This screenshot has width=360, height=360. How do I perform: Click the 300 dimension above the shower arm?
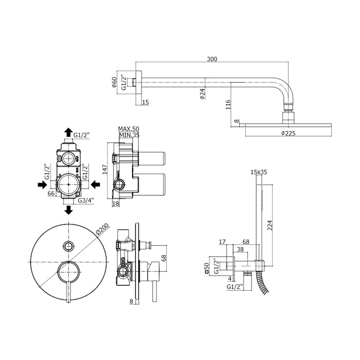(x=212, y=59)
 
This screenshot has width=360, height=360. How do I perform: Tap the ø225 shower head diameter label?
(x=289, y=133)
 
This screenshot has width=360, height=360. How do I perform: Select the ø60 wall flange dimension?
(x=114, y=82)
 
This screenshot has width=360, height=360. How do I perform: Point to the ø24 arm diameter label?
(x=202, y=94)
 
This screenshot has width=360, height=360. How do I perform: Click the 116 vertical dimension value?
(x=228, y=104)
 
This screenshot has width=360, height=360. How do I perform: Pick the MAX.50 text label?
(x=129, y=129)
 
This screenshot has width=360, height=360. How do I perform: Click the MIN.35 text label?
(x=129, y=135)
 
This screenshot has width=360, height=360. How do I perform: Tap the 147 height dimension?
(x=104, y=169)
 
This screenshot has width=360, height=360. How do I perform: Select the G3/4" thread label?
(x=86, y=200)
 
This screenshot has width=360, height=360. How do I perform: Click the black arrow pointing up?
(x=68, y=133)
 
